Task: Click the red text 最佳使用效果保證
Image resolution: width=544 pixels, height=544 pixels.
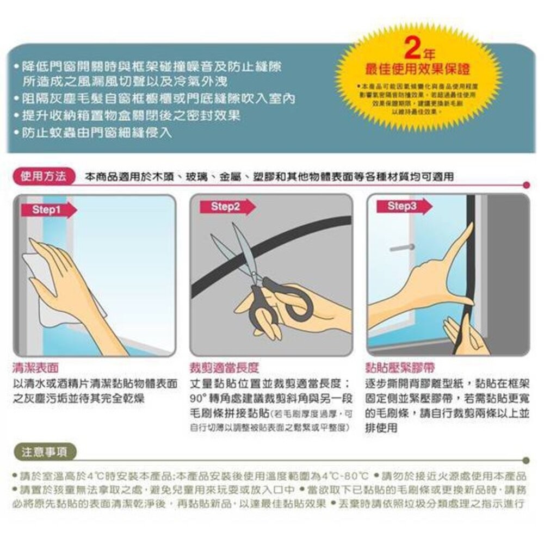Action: [418, 70]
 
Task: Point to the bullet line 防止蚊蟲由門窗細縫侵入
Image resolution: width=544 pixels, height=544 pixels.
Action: [92, 133]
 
